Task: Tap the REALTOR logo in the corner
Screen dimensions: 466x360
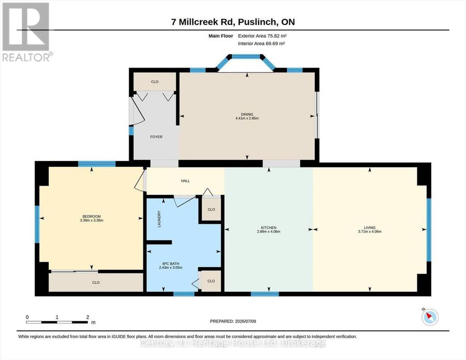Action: point(27,32)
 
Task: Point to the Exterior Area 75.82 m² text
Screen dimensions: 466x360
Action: point(262,36)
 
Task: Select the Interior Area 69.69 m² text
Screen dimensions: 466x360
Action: point(261,44)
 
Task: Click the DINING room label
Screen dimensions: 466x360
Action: point(247,114)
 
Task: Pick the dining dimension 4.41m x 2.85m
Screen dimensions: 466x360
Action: point(247,118)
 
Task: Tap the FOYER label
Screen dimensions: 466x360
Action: point(156,137)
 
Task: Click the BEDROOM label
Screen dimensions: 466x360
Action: point(92,217)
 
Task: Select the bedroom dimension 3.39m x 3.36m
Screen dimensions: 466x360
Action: point(92,221)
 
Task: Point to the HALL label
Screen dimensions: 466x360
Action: point(185,181)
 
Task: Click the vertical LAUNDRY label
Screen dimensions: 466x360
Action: point(159,219)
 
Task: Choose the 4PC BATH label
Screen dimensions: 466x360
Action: point(170,264)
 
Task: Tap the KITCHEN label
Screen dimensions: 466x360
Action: point(269,228)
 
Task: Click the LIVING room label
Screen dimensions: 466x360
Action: point(370,228)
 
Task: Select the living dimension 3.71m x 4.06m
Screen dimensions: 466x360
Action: point(370,232)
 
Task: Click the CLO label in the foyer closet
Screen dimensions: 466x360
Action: point(155,82)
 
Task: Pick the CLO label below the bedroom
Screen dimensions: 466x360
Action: point(96,282)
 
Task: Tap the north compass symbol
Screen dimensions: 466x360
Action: point(430,317)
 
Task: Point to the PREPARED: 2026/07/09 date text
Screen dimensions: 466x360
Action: point(233,321)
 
